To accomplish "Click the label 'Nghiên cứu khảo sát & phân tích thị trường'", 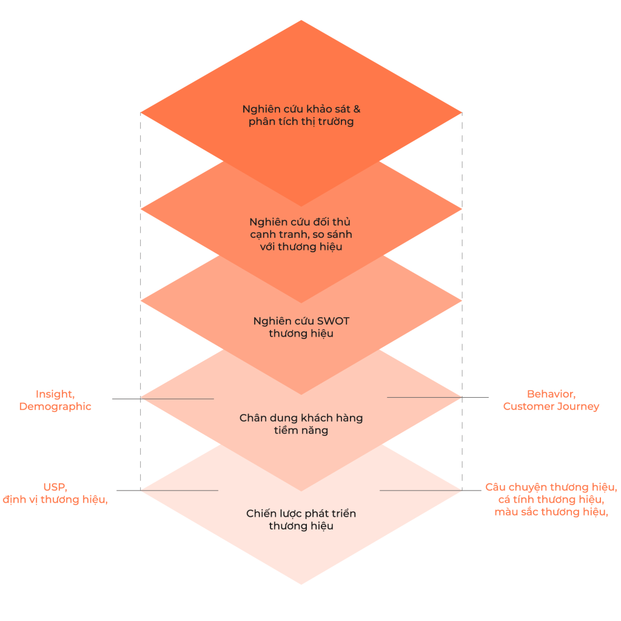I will click(301, 115).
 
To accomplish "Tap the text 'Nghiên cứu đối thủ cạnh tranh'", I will click(301, 228).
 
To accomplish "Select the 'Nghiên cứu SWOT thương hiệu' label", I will click(301, 327).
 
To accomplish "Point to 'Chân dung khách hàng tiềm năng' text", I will click(301, 424).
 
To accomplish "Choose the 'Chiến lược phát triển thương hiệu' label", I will click(301, 520).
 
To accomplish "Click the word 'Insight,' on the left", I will click(55, 394).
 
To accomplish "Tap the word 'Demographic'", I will click(55, 407).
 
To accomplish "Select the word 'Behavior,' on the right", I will click(551, 394).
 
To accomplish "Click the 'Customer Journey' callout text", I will click(551, 407).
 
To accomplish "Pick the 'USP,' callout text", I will click(55, 487).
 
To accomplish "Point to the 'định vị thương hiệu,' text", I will click(55, 500).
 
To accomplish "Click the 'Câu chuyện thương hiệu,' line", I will click(551, 487).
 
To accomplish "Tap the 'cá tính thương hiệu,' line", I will click(551, 500).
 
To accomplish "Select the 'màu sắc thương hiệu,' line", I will click(551, 512).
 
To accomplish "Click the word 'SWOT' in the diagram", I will click(333, 321).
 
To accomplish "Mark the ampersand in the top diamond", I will click(357, 109).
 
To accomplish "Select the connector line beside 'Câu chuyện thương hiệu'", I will click(425, 490).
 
